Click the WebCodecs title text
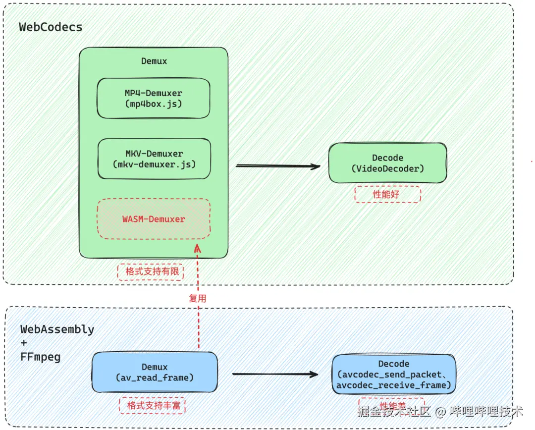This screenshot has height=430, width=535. tap(51, 27)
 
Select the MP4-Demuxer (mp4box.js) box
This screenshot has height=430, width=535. tap(153, 98)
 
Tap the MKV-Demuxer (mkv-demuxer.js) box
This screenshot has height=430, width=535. tap(154, 159)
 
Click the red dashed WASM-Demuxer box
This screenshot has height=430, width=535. tap(154, 218)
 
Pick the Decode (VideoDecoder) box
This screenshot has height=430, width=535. tap(387, 163)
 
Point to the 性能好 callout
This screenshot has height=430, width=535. tap(387, 194)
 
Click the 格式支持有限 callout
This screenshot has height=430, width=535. tap(151, 271)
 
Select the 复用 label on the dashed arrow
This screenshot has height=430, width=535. tap(197, 298)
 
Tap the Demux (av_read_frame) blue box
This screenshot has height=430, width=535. tap(155, 373)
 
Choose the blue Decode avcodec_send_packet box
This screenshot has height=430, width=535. tap(394, 375)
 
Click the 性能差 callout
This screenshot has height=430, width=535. tap(391, 404)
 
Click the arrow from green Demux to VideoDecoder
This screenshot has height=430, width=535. tap(277, 166)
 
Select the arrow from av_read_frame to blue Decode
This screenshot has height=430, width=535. tap(275, 374)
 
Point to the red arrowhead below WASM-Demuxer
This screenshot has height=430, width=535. tap(198, 248)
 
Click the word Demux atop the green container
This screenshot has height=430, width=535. tap(154, 61)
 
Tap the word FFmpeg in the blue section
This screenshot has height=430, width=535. tap(41, 357)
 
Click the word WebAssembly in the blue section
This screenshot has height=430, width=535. tap(57, 329)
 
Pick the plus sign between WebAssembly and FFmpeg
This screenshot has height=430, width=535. tap(24, 343)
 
